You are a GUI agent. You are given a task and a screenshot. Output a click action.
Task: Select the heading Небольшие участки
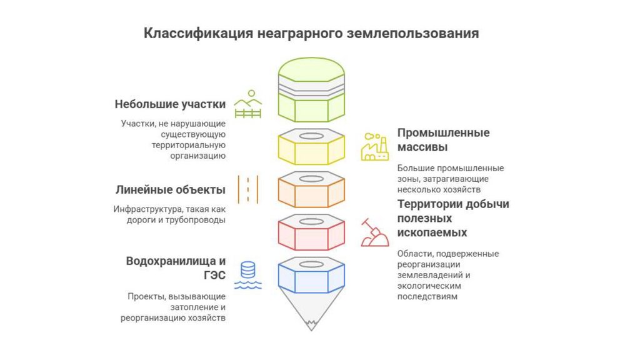pyautogui.click(x=170, y=104)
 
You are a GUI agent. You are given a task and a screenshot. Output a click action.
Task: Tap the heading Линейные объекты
pyautogui.click(x=170, y=189)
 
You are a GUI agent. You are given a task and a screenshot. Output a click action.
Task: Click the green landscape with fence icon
pyautogui.click(x=247, y=104)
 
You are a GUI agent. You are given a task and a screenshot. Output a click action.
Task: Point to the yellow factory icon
pyautogui.click(x=374, y=147)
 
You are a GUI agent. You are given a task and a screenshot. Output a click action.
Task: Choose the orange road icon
pyautogui.click(x=247, y=189)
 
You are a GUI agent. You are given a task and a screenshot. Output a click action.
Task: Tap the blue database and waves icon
pyautogui.click(x=247, y=276)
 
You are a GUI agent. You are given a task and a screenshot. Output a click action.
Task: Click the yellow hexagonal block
pyautogui.click(x=311, y=147)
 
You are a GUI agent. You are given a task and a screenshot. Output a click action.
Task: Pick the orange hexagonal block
pyautogui.click(x=311, y=190)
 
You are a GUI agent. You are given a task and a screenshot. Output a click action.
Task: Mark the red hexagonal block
pyautogui.click(x=311, y=233)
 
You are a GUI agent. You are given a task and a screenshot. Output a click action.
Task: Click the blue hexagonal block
pyautogui.click(x=311, y=276)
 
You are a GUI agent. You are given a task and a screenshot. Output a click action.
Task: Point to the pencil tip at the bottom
pyautogui.click(x=311, y=324)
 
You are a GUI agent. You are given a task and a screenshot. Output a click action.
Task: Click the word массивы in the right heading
pyautogui.click(x=422, y=148)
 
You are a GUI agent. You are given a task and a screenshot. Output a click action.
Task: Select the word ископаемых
pyautogui.click(x=432, y=232)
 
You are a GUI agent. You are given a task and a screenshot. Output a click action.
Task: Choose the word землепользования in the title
pyautogui.click(x=412, y=33)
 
